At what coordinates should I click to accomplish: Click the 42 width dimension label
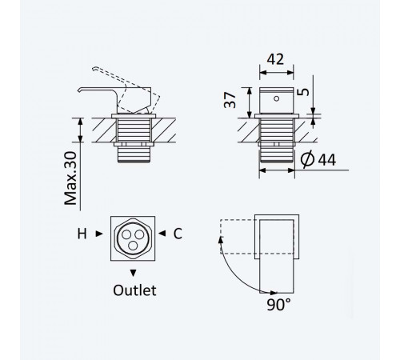click(x=275, y=59)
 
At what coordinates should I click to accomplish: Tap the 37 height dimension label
click(x=230, y=100)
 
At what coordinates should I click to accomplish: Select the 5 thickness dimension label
click(x=303, y=92)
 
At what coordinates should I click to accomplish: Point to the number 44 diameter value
click(x=327, y=160)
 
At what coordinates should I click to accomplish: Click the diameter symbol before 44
click(x=307, y=159)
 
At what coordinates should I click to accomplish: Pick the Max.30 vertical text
click(x=70, y=178)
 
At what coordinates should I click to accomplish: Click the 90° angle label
click(x=279, y=305)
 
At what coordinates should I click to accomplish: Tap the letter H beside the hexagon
click(x=82, y=234)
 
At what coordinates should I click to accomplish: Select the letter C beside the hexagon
click(x=178, y=234)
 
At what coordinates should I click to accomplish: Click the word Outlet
click(x=134, y=290)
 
